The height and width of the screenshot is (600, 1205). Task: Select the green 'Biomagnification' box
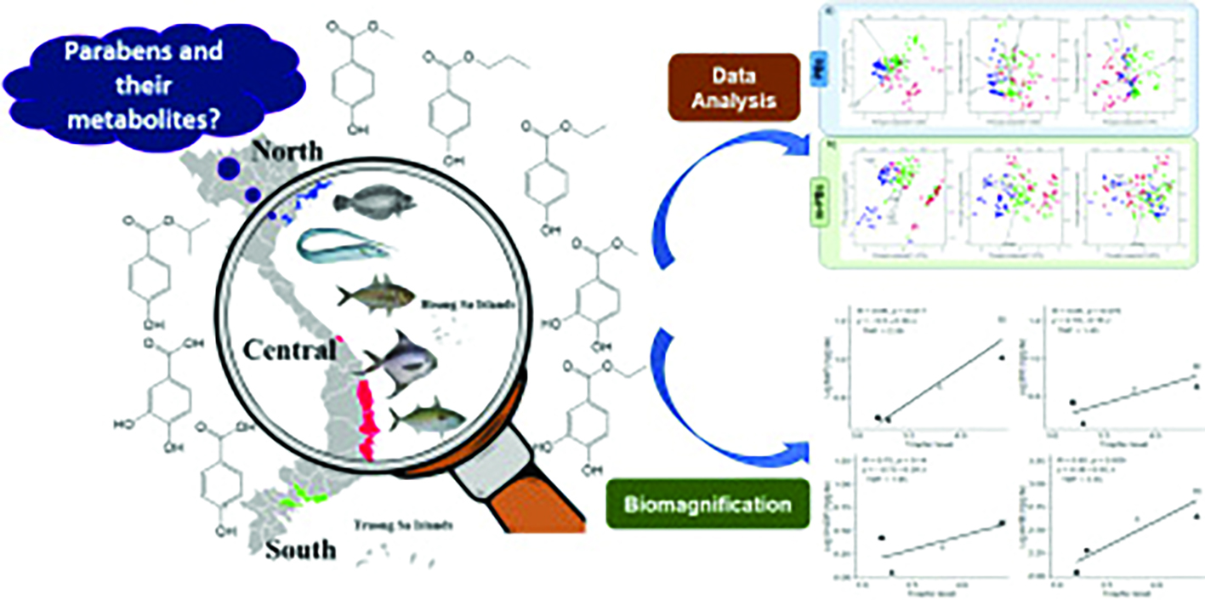click(707, 504)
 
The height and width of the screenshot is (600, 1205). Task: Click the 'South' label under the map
click(300, 550)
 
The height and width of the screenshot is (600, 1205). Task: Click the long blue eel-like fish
click(344, 246)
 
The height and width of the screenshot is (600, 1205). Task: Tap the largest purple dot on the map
click(227, 169)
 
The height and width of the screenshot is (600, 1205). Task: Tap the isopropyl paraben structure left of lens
click(150, 264)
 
